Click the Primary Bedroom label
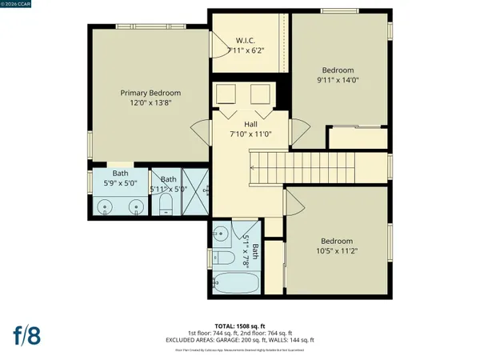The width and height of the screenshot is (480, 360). click(150, 92)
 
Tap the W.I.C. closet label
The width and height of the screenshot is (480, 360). click(245, 41)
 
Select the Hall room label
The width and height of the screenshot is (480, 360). click(245, 124)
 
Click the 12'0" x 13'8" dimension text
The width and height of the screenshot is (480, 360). click(150, 103)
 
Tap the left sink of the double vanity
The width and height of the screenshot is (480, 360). click(106, 206)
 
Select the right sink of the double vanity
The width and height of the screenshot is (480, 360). click(135, 206)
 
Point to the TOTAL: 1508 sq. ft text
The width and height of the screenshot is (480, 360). click(239, 326)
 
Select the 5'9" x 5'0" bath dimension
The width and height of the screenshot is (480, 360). click(119, 182)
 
